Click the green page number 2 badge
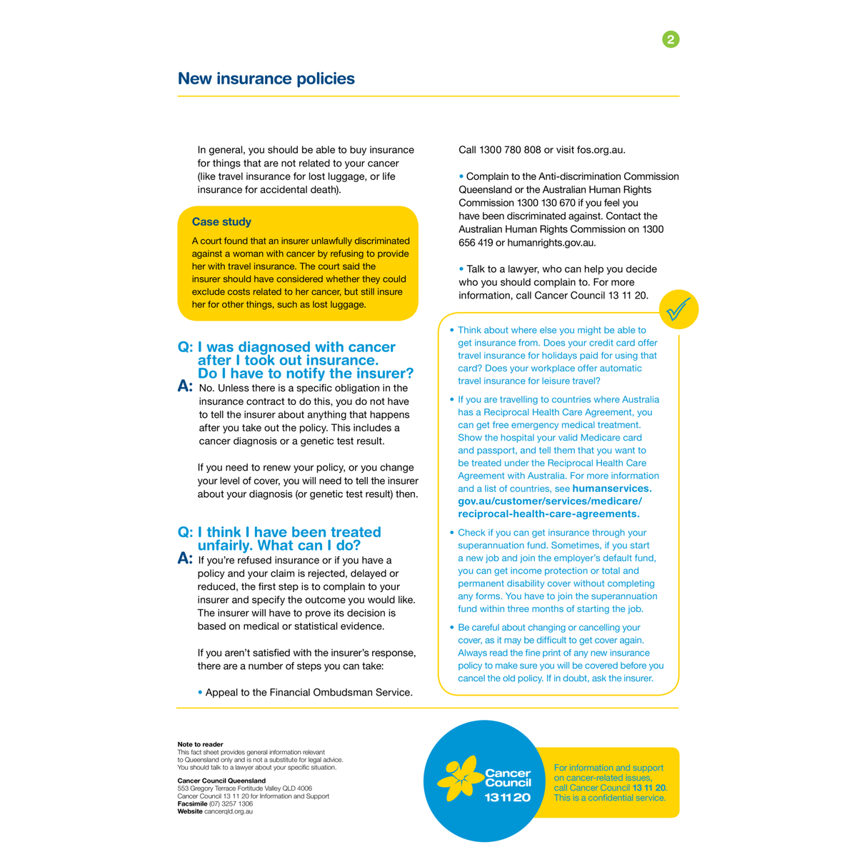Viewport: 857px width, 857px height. [671, 39]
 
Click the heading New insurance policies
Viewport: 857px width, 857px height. [266, 79]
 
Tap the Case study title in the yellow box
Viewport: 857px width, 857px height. [221, 222]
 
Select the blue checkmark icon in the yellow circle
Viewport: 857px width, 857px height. [678, 309]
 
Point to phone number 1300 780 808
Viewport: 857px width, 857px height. [511, 150]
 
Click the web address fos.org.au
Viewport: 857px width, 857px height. [601, 150]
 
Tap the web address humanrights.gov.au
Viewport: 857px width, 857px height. [551, 243]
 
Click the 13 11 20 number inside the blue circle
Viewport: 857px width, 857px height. [508, 797]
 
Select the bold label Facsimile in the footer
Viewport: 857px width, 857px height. [192, 804]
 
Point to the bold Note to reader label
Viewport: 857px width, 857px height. [200, 744]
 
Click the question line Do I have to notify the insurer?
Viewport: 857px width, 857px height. [305, 374]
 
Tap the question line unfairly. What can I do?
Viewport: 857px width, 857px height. [279, 546]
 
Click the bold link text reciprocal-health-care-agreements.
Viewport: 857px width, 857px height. [548, 514]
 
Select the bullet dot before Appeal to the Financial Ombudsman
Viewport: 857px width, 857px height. [200, 692]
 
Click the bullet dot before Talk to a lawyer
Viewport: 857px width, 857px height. [461, 269]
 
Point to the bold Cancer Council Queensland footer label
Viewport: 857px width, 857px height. [221, 781]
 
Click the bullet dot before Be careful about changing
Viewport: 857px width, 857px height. [451, 628]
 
